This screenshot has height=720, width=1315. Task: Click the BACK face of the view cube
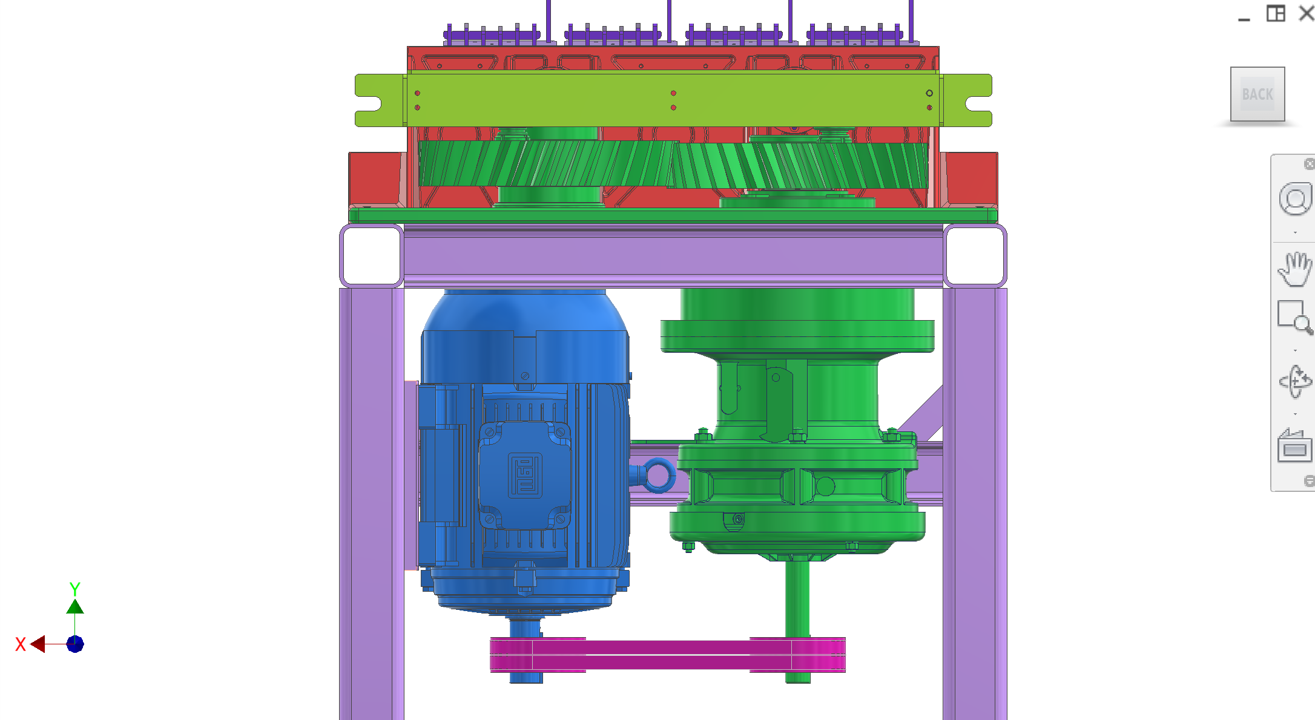click(1257, 94)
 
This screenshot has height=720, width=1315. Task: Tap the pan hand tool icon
click(1294, 269)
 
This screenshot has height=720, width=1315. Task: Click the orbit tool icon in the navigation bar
click(1295, 381)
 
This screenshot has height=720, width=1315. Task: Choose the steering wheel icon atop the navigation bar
click(1295, 198)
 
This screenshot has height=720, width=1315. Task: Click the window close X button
click(1307, 13)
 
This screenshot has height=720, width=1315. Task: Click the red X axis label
click(21, 644)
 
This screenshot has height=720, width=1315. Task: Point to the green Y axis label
click(74, 589)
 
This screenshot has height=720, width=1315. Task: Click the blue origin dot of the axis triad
click(75, 644)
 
